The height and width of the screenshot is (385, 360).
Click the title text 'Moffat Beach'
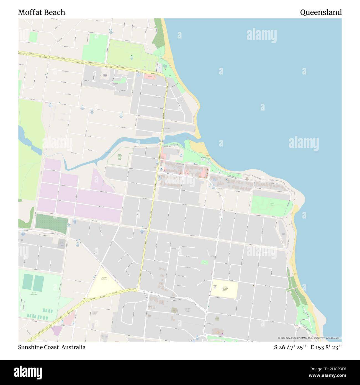(42, 12)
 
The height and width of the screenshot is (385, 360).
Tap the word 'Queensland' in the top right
(321, 12)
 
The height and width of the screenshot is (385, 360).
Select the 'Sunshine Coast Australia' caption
(52, 347)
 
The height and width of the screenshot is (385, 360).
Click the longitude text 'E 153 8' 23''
(326, 347)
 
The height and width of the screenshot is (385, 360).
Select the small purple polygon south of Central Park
(56, 331)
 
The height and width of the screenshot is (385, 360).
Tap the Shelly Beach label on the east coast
(295, 274)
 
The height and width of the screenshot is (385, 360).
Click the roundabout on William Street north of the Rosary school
(217, 239)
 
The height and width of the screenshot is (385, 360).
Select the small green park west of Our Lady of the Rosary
(205, 262)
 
